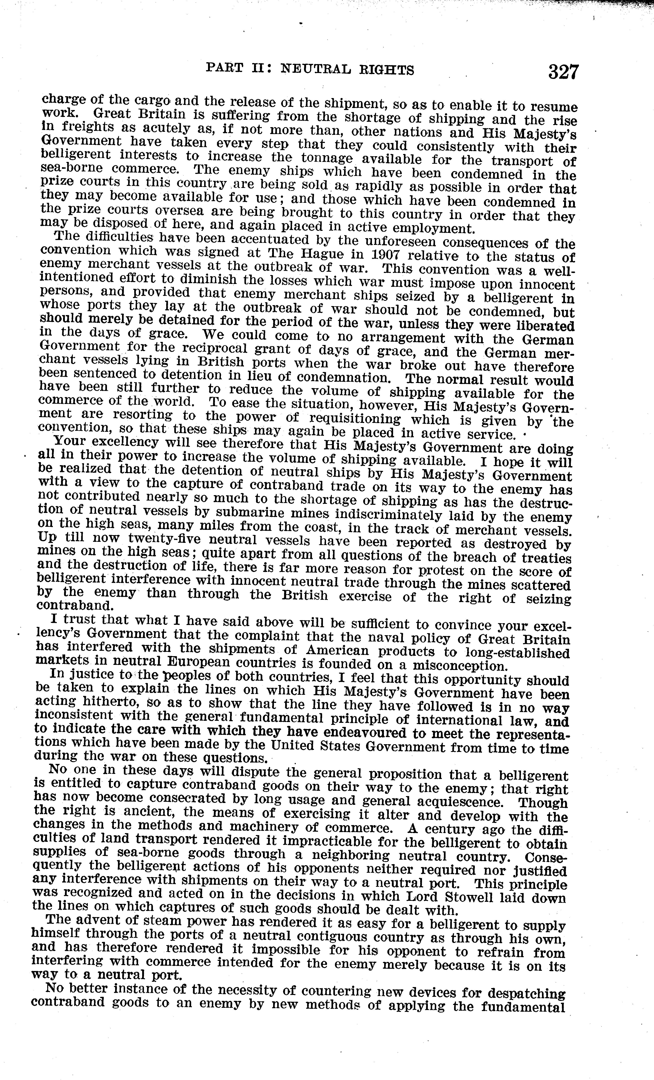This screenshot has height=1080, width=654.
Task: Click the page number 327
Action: coord(563,71)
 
